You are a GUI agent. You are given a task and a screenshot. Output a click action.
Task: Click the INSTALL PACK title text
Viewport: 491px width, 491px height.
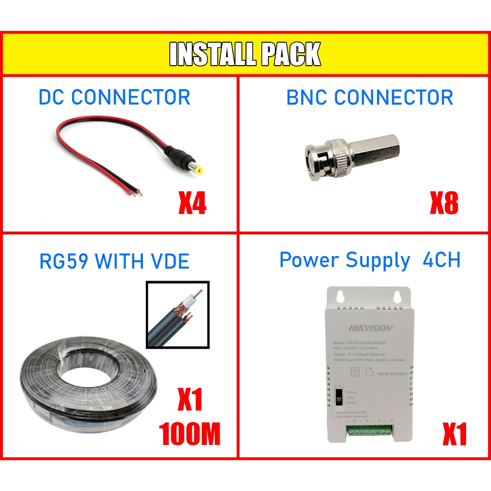pyautogui.click(x=245, y=54)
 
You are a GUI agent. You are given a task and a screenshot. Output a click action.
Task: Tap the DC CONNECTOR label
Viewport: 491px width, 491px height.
pyautogui.click(x=114, y=97)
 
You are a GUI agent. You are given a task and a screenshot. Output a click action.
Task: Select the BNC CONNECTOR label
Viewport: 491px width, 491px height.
pyautogui.click(x=369, y=97)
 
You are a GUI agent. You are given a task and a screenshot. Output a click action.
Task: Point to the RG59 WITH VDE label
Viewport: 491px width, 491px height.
pyautogui.click(x=114, y=261)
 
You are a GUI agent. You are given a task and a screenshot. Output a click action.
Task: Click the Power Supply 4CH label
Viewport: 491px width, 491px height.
pyautogui.click(x=370, y=260)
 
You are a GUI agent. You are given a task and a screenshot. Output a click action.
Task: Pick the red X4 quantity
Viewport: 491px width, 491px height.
pyautogui.click(x=192, y=203)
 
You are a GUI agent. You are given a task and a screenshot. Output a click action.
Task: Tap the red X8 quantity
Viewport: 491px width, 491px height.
pyautogui.click(x=444, y=203)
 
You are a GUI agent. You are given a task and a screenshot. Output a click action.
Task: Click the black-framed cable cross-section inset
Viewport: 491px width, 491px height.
pyautogui.click(x=177, y=314)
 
